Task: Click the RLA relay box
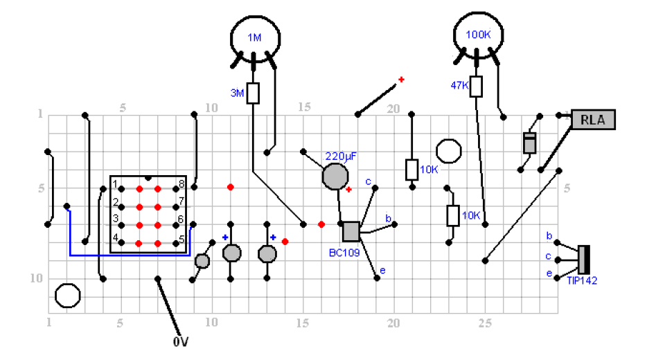pos(593,120)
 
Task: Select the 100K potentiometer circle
pos(477,33)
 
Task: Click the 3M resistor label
pos(236,92)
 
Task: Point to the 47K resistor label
pos(459,85)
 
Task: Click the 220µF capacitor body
pos(336,177)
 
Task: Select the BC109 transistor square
pos(351,231)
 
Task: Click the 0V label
pos(181,341)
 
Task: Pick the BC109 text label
pos(344,253)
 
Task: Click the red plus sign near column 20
pos(401,80)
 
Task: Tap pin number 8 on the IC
pos(181,184)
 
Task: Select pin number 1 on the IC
pos(115,184)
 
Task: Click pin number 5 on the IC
pos(181,239)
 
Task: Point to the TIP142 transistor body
pos(583,259)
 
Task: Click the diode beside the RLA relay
pos(530,143)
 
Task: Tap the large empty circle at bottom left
pos(68,296)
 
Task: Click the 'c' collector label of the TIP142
pos(549,256)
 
